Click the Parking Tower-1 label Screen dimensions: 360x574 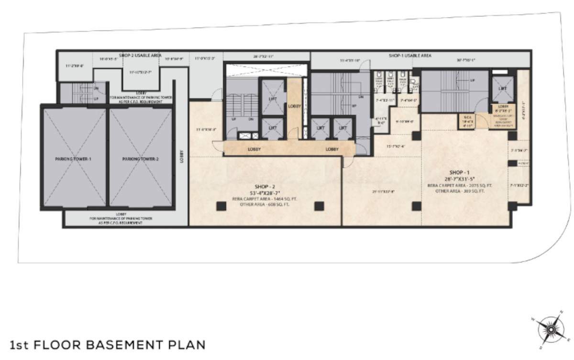73,159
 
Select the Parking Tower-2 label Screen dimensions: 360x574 140,159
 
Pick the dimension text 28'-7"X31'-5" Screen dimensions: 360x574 458,178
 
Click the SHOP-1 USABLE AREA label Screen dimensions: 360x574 410,56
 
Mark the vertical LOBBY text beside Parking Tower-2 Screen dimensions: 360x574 181,157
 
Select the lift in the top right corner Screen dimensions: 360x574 502,89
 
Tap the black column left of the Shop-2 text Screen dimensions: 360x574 221,206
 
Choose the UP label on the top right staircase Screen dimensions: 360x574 472,80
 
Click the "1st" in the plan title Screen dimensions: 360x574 20,345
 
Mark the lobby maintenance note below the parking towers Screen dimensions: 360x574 121,218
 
